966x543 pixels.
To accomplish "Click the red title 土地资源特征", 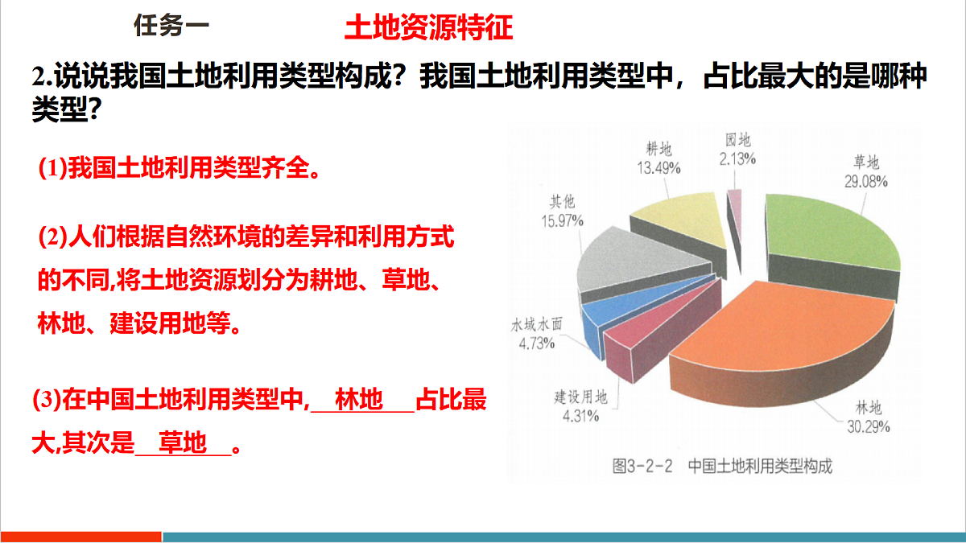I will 428,27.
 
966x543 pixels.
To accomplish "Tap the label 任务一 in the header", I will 171,26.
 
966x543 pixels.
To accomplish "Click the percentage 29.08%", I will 866,182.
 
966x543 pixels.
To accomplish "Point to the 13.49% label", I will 659,167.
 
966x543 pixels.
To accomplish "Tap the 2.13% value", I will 737,158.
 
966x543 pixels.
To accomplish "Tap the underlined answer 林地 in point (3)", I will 359,400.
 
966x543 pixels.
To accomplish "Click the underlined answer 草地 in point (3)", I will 183,443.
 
